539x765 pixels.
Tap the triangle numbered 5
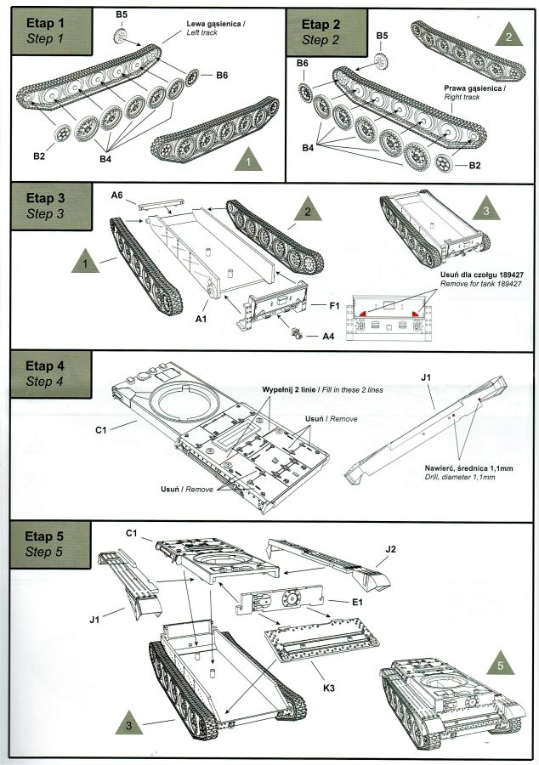(502, 666)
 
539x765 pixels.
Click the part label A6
(118, 195)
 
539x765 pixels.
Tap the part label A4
(328, 336)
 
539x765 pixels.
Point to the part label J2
(390, 549)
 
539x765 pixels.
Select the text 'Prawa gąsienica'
(473, 88)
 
